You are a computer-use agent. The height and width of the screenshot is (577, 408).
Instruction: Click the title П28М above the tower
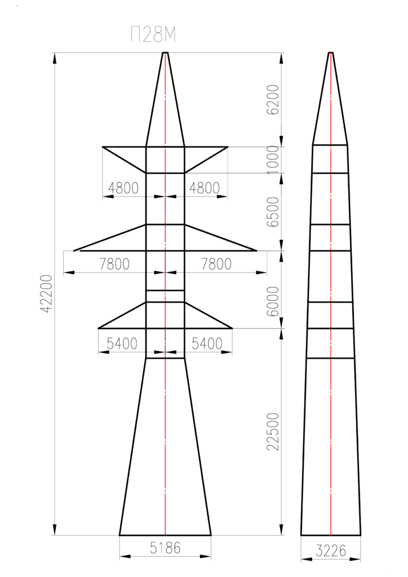[153, 35]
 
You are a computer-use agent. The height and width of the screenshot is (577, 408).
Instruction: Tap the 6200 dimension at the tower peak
[273, 100]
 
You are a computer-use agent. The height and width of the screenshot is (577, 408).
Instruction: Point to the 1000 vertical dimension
[273, 159]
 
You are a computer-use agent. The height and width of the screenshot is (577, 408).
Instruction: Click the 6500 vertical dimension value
[273, 212]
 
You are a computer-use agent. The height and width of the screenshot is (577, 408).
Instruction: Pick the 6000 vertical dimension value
[273, 301]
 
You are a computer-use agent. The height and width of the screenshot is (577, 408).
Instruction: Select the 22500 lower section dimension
[273, 432]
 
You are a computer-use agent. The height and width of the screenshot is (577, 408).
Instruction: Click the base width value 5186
[165, 548]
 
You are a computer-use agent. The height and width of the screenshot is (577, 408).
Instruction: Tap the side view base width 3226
[331, 551]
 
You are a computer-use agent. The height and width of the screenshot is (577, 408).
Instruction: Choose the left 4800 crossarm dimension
[123, 188]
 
